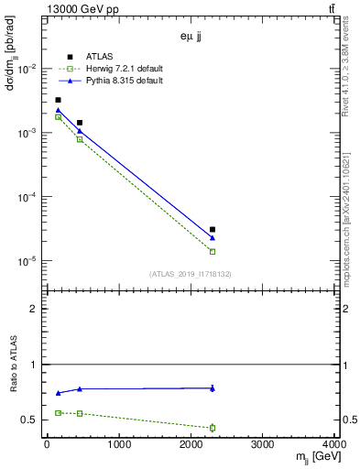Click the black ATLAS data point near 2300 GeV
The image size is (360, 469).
(x=213, y=229)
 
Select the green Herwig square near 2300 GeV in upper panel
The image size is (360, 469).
(x=213, y=251)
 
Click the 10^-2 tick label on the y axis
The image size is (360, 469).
(x=27, y=70)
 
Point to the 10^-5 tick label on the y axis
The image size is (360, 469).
(x=27, y=261)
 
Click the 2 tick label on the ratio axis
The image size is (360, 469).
(x=33, y=309)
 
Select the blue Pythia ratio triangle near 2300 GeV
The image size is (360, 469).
(x=213, y=388)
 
